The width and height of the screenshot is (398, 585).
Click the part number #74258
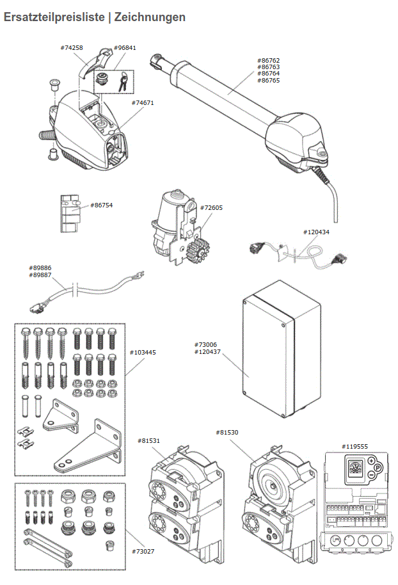click(72, 48)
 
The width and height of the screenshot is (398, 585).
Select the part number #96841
click(125, 48)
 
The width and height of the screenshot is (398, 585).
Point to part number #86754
click(102, 205)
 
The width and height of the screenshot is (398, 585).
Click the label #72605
click(211, 208)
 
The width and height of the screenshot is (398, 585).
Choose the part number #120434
click(316, 232)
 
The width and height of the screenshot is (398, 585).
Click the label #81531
click(149, 440)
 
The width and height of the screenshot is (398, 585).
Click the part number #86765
click(269, 80)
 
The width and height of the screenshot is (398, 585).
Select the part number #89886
click(40, 268)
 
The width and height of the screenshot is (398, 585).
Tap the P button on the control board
click(378, 469)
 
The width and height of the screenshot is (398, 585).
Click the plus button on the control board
click(371, 461)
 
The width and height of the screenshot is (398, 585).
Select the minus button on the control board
click(371, 477)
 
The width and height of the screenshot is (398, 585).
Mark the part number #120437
click(207, 352)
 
